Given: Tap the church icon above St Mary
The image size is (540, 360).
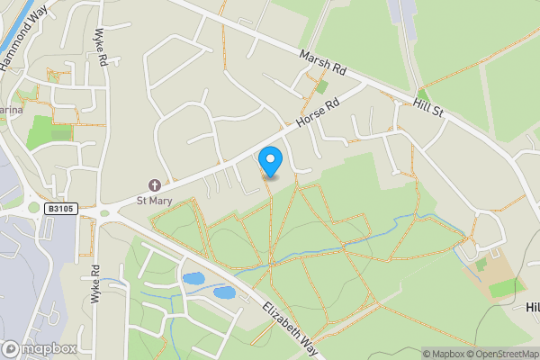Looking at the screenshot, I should click(x=154, y=184).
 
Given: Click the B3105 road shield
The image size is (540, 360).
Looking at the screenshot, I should click(x=58, y=209).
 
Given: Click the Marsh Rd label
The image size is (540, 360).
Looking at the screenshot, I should click(x=323, y=62).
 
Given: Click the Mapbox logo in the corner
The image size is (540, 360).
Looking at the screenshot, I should click(x=39, y=348).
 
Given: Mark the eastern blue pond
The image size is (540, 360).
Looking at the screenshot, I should click(x=224, y=292).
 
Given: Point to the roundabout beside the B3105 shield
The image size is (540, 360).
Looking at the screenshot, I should click(x=105, y=213).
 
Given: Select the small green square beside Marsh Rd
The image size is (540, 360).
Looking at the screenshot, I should click(x=321, y=87).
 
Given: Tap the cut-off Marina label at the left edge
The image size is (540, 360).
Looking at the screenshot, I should click(x=11, y=110).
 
